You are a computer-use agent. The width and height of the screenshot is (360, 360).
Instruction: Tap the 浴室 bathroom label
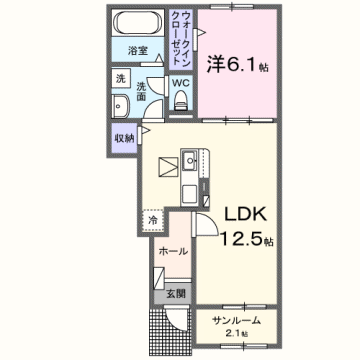(x=137, y=51)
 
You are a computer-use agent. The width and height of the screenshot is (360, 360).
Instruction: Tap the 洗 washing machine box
(x=119, y=78)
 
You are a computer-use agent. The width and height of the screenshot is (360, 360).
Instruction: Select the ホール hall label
(x=172, y=251)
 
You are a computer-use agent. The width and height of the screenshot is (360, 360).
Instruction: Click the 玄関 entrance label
(x=175, y=293)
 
